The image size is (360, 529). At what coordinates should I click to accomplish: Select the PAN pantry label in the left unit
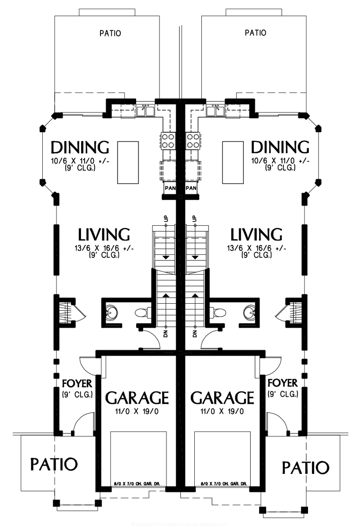click(170, 188)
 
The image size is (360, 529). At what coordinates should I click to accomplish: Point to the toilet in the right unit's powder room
click(217, 313)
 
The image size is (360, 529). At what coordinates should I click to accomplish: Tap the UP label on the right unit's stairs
click(194, 219)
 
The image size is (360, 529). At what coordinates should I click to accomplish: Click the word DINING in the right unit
click(280, 147)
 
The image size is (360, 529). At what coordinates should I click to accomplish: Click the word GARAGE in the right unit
click(223, 398)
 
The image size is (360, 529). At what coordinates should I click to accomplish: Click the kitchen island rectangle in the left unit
click(128, 162)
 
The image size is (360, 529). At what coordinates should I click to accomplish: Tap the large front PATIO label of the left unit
click(54, 464)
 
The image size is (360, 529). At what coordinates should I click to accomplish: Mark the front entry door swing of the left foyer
click(84, 423)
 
